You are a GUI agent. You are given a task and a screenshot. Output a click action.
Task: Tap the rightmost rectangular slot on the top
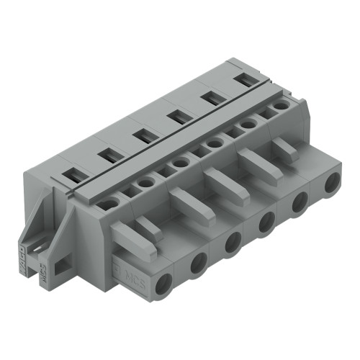click(246, 79)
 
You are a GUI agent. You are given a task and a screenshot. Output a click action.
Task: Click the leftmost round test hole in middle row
click(109, 204)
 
